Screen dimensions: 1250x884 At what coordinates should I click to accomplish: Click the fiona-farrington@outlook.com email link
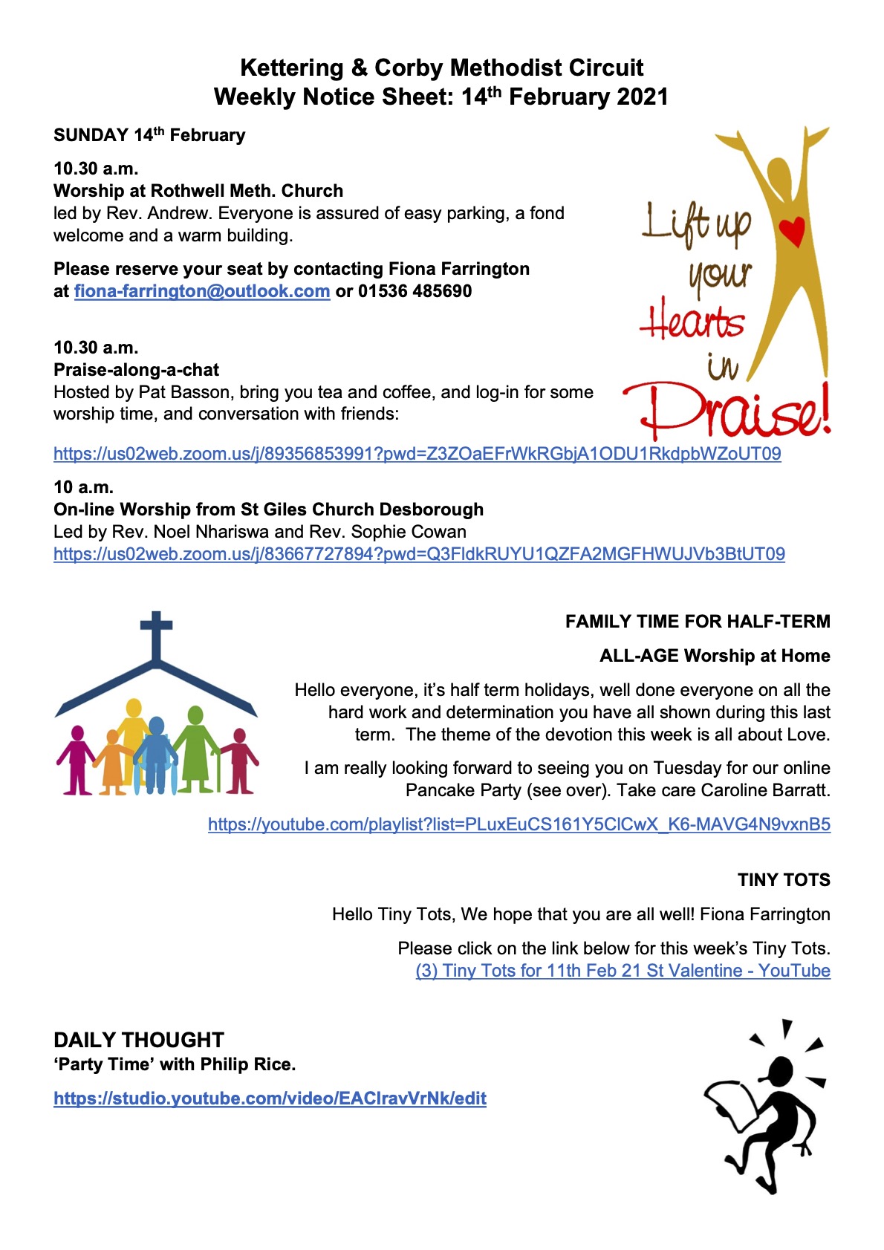pyautogui.click(x=201, y=291)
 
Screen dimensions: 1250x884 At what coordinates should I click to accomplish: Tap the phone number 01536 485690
pyautogui.click(x=415, y=291)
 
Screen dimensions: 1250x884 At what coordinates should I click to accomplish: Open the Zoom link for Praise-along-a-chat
pyautogui.click(x=417, y=454)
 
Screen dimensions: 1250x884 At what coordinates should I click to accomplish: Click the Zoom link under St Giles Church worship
pyautogui.click(x=419, y=554)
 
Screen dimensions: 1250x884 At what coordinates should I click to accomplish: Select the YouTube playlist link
pyautogui.click(x=519, y=824)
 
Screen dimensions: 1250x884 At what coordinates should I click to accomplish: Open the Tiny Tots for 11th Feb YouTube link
pyautogui.click(x=623, y=971)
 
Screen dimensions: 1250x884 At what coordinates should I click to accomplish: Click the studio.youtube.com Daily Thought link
pyautogui.click(x=270, y=1098)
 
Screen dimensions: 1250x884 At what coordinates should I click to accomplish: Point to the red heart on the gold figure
pyautogui.click(x=793, y=231)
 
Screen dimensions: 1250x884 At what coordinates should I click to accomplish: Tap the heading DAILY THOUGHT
pyautogui.click(x=139, y=1040)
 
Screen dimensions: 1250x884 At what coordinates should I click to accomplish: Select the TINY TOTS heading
pyautogui.click(x=784, y=880)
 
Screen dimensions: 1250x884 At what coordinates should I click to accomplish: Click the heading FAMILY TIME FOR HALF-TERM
pyautogui.click(x=698, y=622)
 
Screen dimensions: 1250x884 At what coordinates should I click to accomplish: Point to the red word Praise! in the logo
pyautogui.click(x=728, y=412)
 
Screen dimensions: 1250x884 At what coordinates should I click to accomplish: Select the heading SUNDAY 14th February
pyautogui.click(x=149, y=135)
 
